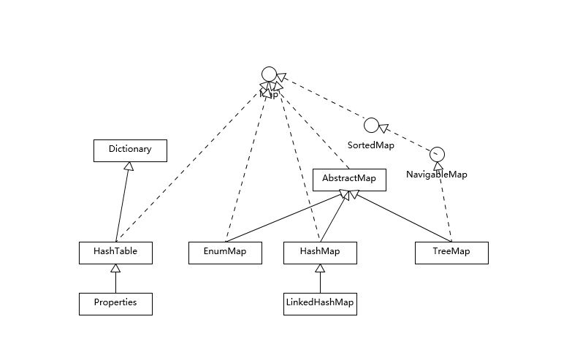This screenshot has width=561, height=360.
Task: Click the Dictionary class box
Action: point(130,150)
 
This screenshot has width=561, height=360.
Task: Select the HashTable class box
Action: point(115,252)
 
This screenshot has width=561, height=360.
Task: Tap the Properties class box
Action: point(115,303)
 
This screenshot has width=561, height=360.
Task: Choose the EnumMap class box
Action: point(225,252)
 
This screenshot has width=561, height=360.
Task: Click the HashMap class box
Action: point(320,252)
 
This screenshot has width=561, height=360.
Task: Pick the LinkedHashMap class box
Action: point(320,303)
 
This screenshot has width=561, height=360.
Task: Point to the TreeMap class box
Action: point(451,252)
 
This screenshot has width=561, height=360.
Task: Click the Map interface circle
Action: point(269,74)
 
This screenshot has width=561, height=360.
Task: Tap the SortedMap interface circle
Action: point(371,125)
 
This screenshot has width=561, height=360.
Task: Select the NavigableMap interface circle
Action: point(437,154)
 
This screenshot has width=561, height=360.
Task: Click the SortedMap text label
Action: point(371,145)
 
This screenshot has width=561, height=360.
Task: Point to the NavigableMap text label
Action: point(437,175)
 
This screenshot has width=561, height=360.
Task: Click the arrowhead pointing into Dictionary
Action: point(129,166)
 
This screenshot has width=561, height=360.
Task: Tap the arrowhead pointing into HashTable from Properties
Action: point(115,268)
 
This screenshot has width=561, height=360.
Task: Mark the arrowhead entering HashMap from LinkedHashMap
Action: point(320,268)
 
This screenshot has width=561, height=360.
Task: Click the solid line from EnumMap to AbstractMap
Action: point(285,217)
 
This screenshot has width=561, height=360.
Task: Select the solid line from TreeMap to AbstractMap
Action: point(402,217)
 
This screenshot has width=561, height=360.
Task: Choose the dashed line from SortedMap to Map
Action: point(321,99)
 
